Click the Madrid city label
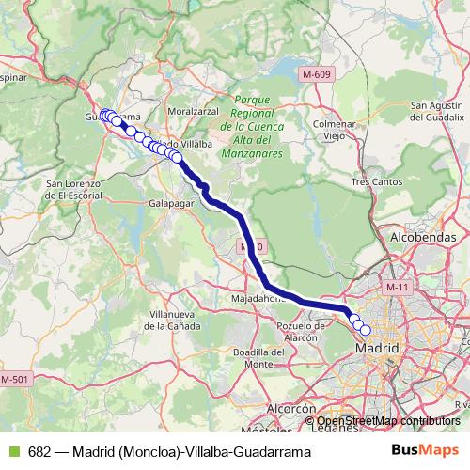click(x=376, y=348)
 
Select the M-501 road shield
click(x=16, y=378)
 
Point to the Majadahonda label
click(x=258, y=298)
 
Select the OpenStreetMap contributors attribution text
click(x=387, y=421)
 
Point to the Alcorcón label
click(x=291, y=410)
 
